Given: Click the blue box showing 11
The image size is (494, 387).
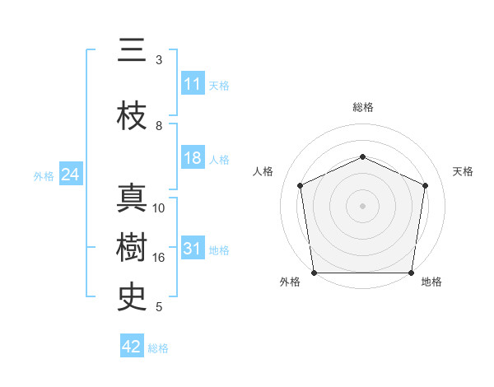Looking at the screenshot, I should tap(192, 84).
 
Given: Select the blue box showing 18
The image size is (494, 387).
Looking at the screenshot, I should tap(192, 158).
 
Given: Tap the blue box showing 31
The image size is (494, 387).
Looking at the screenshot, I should tap(192, 249).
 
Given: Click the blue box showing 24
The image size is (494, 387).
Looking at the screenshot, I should tap(70, 175).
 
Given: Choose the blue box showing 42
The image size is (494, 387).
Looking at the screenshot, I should tap(132, 347).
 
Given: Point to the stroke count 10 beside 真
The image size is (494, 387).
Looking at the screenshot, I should tap(159, 208).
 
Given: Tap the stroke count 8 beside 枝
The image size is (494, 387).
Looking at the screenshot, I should tap(159, 126).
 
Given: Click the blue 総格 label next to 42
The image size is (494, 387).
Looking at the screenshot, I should tap(158, 348).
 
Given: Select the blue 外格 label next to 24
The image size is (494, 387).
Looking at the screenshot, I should tap(44, 175).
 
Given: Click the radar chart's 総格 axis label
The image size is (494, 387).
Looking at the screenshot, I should tap(362, 107).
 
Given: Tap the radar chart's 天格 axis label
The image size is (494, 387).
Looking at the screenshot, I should tap(463, 171).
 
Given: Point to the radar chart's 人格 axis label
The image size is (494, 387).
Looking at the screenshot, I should tap(263, 171).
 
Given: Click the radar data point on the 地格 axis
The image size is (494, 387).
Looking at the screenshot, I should tap(411, 273).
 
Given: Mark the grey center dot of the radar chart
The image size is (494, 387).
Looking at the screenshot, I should tap(362, 205).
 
